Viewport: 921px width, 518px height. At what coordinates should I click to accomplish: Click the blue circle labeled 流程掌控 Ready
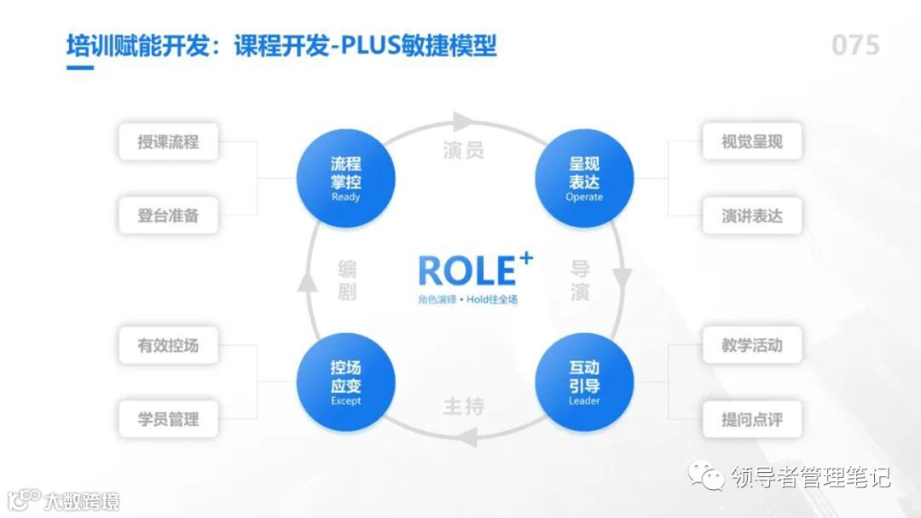(x=345, y=178)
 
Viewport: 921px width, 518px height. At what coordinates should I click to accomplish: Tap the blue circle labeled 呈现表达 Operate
(x=584, y=178)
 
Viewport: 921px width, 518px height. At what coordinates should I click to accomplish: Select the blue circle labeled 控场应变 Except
(x=345, y=382)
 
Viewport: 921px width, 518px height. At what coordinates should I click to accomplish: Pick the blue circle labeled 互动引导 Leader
(x=584, y=382)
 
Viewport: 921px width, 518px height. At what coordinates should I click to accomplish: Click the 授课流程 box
(x=168, y=141)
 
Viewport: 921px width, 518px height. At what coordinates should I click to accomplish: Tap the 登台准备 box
(x=168, y=216)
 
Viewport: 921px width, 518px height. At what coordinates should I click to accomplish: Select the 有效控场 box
(x=168, y=346)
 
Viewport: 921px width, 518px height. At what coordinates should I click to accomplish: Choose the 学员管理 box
(x=168, y=419)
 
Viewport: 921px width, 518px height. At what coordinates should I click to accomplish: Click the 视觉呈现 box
(x=751, y=141)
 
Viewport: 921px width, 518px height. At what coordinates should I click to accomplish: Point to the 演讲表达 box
(x=751, y=216)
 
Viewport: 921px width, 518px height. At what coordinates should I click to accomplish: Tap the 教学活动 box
(x=751, y=346)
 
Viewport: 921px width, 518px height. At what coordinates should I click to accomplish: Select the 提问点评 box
(x=751, y=419)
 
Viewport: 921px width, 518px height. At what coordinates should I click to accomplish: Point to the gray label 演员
(x=464, y=151)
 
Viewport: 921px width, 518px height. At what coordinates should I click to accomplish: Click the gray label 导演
(x=580, y=280)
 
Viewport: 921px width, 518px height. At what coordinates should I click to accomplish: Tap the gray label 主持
(x=464, y=406)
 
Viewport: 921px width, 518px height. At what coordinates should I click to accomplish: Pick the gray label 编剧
(x=346, y=280)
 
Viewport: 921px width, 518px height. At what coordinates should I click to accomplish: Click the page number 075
(x=855, y=45)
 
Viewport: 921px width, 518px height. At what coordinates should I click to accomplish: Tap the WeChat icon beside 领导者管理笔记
(x=708, y=475)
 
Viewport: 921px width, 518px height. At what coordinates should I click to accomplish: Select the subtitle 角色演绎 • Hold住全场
(x=467, y=299)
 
